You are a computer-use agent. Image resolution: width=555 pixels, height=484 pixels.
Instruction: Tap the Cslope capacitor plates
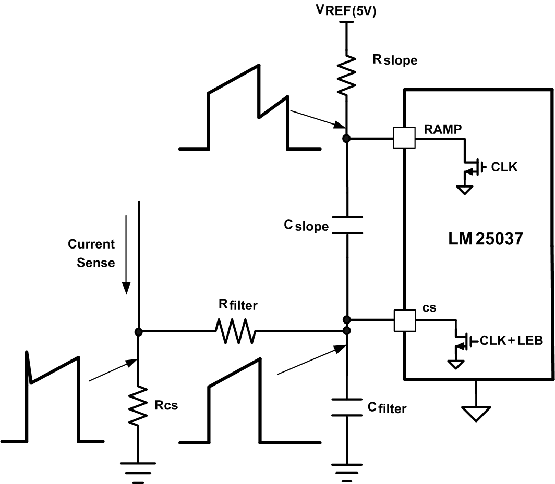[x=346, y=224]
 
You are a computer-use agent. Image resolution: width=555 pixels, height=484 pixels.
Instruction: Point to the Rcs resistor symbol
[x=138, y=406]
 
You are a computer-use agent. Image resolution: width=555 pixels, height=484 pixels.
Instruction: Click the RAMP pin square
[x=404, y=139]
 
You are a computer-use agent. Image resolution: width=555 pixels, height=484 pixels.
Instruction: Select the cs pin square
[x=404, y=320]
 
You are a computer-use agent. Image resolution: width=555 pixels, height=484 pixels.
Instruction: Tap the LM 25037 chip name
[x=486, y=240]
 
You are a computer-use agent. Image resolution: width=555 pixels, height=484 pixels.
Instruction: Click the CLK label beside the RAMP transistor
[x=504, y=167]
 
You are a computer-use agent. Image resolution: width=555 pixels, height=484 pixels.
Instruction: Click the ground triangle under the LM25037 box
[x=476, y=413]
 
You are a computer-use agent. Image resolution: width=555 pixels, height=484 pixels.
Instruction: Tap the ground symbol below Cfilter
[x=346, y=470]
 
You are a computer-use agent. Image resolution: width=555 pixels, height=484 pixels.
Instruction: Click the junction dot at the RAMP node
[x=346, y=139]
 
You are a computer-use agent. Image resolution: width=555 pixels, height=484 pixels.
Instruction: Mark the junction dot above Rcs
[x=138, y=331]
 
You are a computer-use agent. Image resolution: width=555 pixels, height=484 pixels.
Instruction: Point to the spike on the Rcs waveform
[x=28, y=359]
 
